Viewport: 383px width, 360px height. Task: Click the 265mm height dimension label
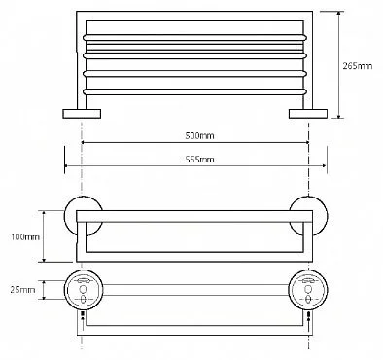pos(358,66)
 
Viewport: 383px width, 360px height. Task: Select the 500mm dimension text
pos(199,135)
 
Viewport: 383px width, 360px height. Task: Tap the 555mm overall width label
pos(199,160)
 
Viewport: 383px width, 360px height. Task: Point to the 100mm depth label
pos(25,237)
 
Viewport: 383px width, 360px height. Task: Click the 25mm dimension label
pos(22,290)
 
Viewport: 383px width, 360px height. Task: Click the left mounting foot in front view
pos(82,114)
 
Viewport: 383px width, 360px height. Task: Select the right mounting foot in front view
pos(308,114)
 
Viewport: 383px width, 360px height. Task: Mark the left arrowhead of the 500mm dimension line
pos(84,142)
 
